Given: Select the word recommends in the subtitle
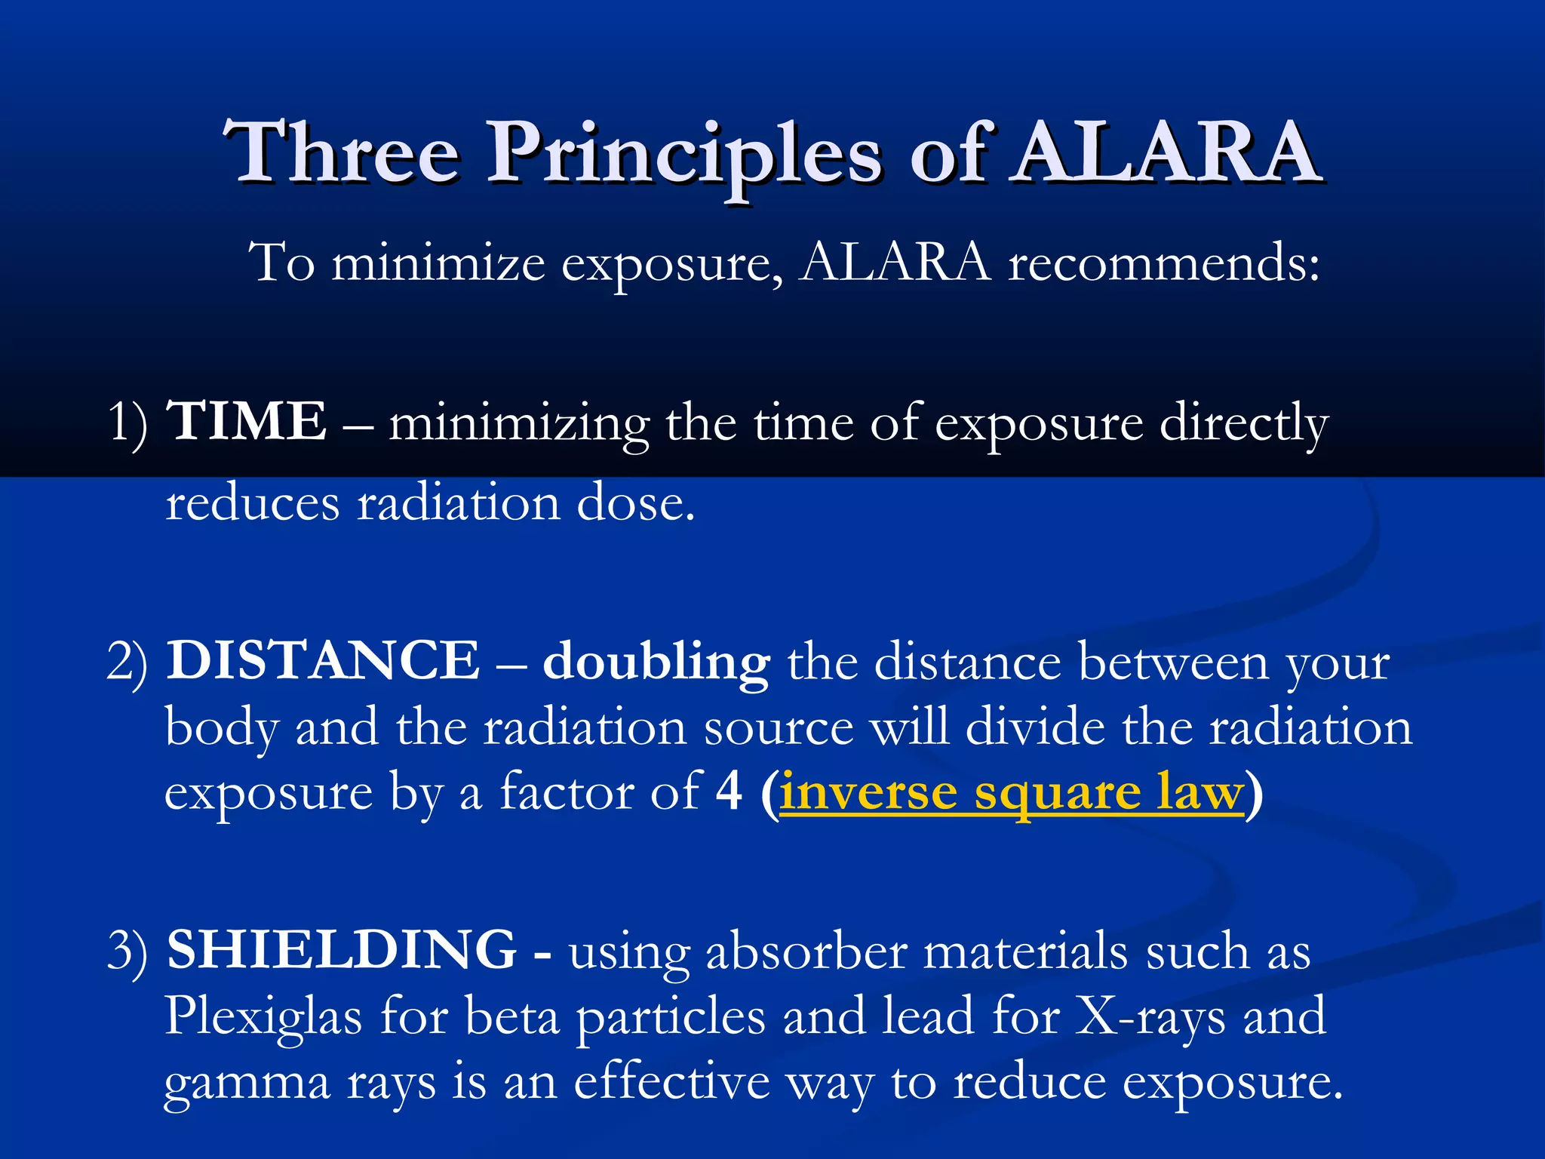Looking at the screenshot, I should click(1164, 264).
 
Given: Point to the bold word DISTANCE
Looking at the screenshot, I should click(323, 661).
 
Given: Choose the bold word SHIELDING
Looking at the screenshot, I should click(341, 950).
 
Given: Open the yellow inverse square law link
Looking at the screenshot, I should click(1011, 794).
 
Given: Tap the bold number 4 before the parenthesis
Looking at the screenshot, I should click(729, 792).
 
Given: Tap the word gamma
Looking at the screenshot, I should click(247, 1084).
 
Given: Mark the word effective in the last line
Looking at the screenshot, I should click(671, 1082).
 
